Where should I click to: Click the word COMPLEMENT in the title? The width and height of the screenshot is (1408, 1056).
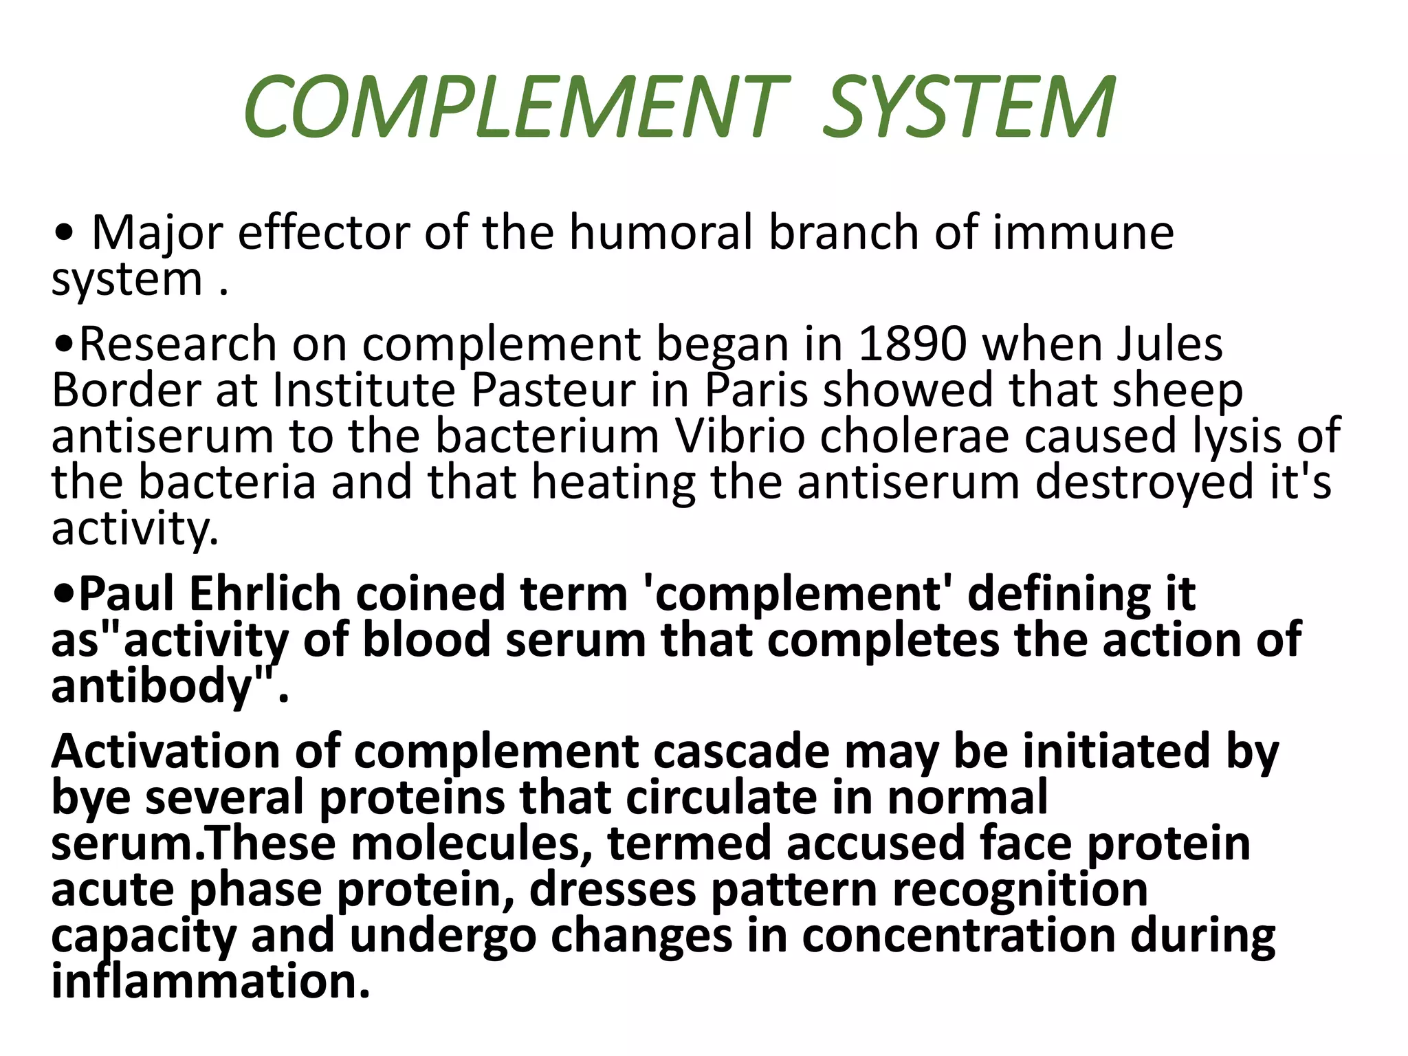(516, 107)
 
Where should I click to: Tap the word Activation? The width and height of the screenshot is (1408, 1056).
(166, 751)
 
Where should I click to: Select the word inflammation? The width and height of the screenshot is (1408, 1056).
(210, 981)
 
